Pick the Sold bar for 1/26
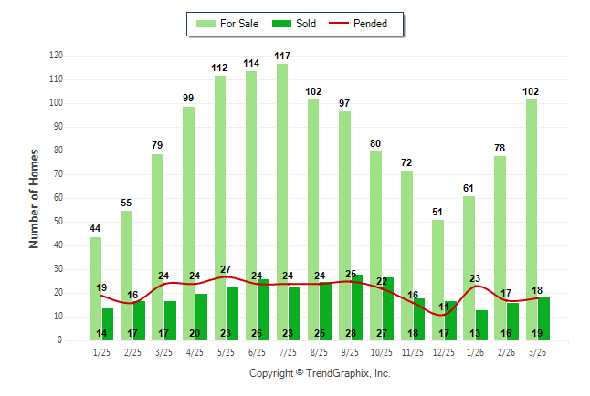pyautogui.click(x=481, y=324)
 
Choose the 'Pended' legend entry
pyautogui.click(x=369, y=24)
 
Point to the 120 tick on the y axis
pyautogui.click(x=56, y=56)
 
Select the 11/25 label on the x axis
pyautogui.click(x=413, y=351)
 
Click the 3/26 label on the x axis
pyautogui.click(x=538, y=351)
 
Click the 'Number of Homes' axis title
pyautogui.click(x=35, y=198)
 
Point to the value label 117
pyautogui.click(x=282, y=57)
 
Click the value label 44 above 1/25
pyautogui.click(x=95, y=228)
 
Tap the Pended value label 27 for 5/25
pyautogui.click(x=226, y=269)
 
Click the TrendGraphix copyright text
pyautogui.click(x=320, y=373)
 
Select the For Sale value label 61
pyautogui.click(x=469, y=189)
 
